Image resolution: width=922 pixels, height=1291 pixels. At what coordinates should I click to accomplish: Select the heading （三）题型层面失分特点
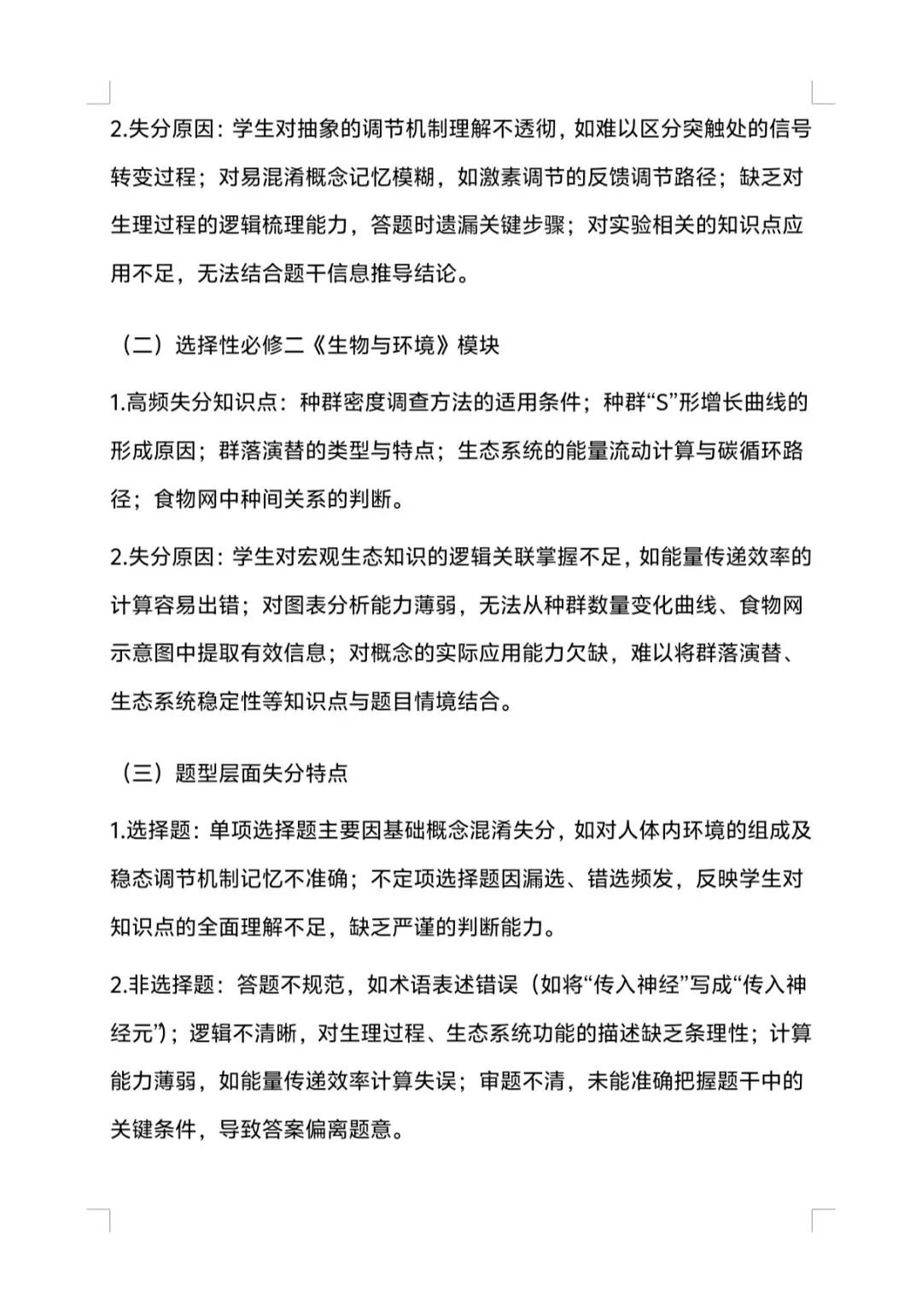coord(234,773)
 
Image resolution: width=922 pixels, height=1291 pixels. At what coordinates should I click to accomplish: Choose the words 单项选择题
coord(262,830)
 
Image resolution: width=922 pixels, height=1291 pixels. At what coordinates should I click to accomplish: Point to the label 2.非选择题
coord(162,986)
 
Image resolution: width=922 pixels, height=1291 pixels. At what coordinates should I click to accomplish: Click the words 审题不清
coord(522,1082)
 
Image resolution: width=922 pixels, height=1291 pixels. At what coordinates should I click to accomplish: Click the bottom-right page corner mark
coord(820,1219)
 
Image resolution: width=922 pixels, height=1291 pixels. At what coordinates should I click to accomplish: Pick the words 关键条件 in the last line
coord(153,1131)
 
